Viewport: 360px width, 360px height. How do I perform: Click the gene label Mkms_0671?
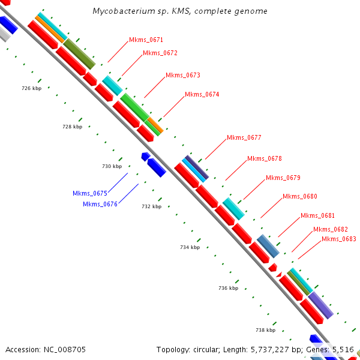pyautogui.click(x=146, y=40)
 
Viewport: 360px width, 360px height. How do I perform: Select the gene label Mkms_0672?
pyautogui.click(x=160, y=53)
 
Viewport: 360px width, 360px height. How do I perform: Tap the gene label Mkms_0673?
pyautogui.click(x=183, y=75)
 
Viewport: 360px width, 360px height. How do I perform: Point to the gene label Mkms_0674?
pyautogui.click(x=202, y=94)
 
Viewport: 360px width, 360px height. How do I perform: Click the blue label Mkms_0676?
pyautogui.click(x=100, y=204)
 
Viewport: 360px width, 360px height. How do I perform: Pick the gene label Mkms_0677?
pyautogui.click(x=244, y=137)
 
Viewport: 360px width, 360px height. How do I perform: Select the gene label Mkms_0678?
pyautogui.click(x=265, y=158)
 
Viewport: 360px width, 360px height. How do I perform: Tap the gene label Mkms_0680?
pyautogui.click(x=300, y=196)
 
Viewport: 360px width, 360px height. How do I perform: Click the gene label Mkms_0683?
pyautogui.click(x=339, y=239)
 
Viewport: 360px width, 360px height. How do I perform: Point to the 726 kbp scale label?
pyautogui.click(x=31, y=88)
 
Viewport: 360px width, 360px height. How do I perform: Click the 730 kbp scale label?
pyautogui.click(x=112, y=166)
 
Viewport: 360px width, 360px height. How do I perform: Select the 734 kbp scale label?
pyautogui.click(x=190, y=247)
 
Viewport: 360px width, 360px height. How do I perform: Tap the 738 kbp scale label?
pyautogui.click(x=266, y=330)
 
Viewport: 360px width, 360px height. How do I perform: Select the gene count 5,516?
pyautogui.click(x=343, y=349)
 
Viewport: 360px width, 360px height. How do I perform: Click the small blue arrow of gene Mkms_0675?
pyautogui.click(x=145, y=156)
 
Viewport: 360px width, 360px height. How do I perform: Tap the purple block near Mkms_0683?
pyautogui.click(x=320, y=305)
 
